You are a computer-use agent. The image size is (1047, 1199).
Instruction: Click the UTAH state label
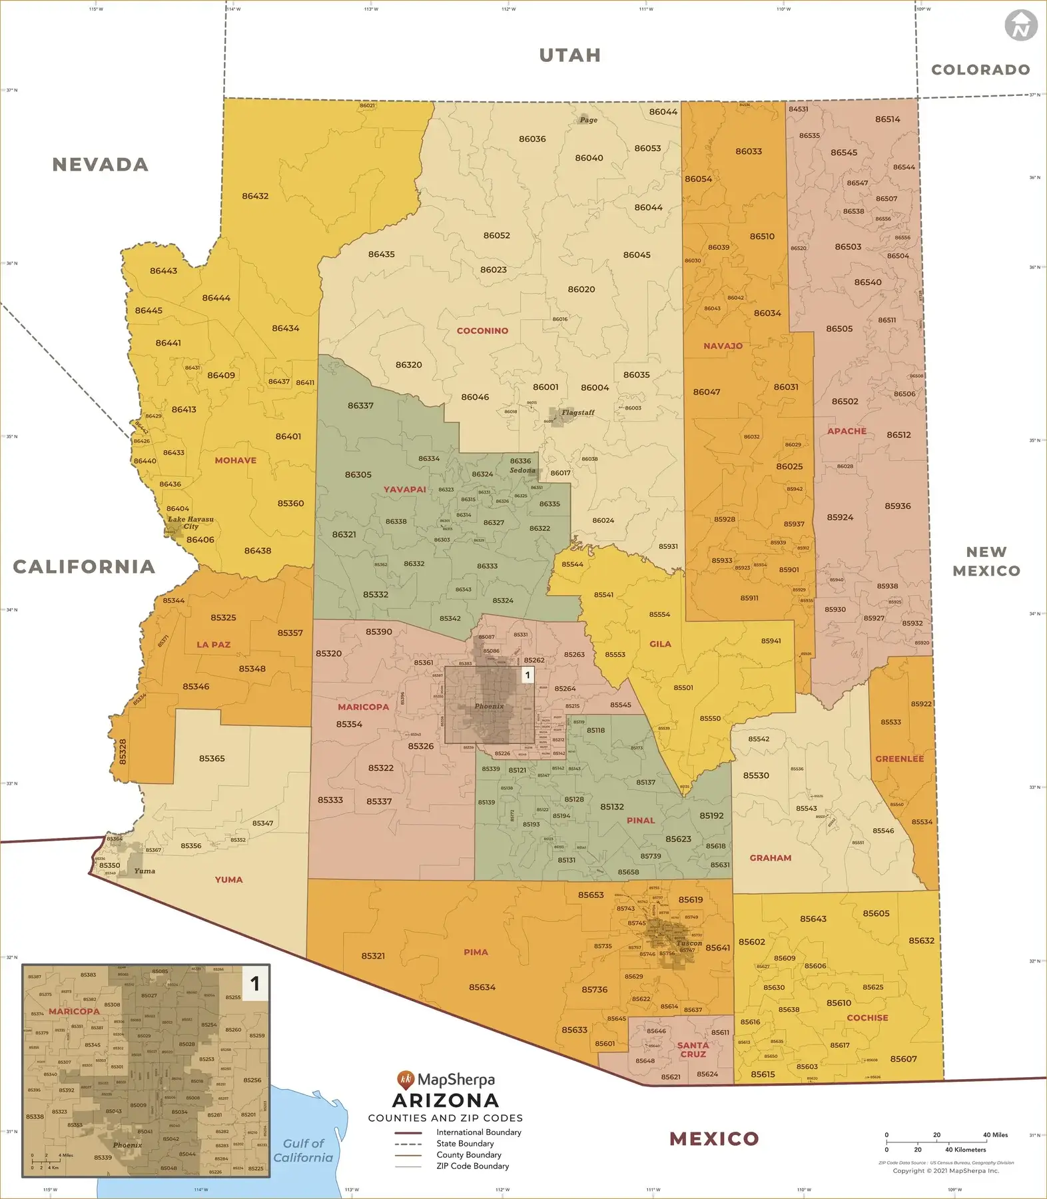coord(570,55)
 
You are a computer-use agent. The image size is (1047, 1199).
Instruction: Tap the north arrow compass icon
coord(1020,26)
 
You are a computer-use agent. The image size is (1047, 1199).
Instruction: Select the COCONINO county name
coord(482,331)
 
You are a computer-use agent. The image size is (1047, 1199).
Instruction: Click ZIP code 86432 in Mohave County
coord(255,197)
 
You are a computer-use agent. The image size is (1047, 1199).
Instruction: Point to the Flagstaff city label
coord(577,412)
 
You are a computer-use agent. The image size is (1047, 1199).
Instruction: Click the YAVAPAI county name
coord(404,490)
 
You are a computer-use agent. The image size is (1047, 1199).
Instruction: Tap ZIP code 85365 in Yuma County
coord(212,759)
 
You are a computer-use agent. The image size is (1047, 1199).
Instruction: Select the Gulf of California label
coord(303,1150)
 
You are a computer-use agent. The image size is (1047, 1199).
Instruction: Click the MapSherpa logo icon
coord(405,1078)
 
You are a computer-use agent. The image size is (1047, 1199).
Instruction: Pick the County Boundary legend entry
coord(468,1155)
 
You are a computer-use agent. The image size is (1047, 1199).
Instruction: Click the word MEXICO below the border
coord(714,1139)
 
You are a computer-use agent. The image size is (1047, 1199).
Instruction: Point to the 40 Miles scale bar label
coord(995,1135)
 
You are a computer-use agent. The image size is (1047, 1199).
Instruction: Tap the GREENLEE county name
coord(899,759)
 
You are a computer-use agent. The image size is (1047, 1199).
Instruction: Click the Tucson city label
coord(689,943)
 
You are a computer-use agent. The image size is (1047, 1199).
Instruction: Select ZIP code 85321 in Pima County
coord(373,956)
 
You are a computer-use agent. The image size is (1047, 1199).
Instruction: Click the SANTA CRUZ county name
coord(693,1050)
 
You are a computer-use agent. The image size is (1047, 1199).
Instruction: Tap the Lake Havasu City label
coord(190,523)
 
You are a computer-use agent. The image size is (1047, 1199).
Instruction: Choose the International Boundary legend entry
coord(478,1132)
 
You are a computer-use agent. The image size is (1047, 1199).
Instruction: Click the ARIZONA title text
coord(446,1100)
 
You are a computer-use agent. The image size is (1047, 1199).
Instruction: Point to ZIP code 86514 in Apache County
coord(887,119)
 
